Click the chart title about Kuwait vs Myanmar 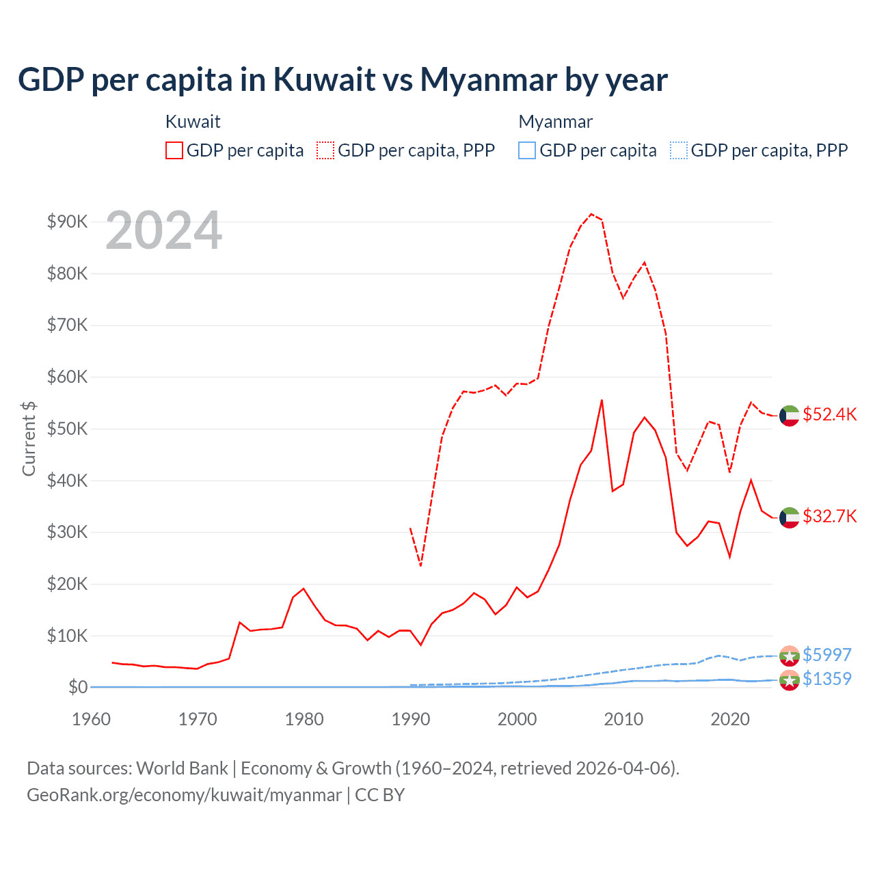tap(342, 80)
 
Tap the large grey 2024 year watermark tap(164, 230)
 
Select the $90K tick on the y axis tap(67, 221)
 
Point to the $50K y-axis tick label tap(67, 429)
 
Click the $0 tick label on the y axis tap(77, 687)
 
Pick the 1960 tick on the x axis tap(91, 719)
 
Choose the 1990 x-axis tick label tap(411, 719)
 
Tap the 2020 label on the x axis tap(730, 719)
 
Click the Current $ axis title tap(29, 438)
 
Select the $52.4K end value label tap(829, 415)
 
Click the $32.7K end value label tap(829, 516)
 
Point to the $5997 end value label tap(826, 655)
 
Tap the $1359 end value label tap(826, 679)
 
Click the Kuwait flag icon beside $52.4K tap(790, 415)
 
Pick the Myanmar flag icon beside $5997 tap(790, 656)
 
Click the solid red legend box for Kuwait tap(174, 150)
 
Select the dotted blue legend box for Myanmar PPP tap(679, 150)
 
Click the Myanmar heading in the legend tap(555, 122)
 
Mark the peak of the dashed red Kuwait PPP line tap(591, 214)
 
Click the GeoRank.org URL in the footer tap(184, 795)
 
